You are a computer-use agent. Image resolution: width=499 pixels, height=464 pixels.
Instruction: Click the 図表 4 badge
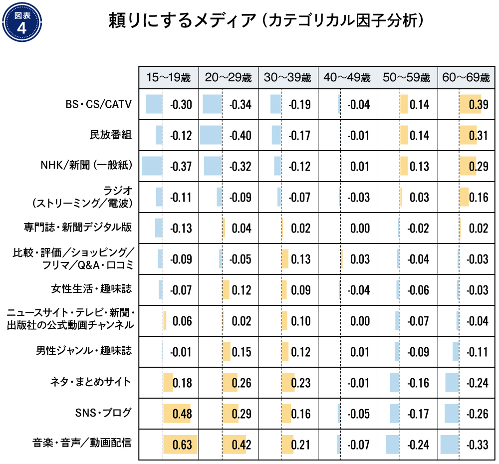(x=21, y=22)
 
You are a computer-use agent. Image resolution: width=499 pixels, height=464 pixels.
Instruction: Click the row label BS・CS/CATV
(x=99, y=105)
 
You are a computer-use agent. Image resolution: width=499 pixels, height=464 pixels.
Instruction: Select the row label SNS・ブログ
(x=103, y=413)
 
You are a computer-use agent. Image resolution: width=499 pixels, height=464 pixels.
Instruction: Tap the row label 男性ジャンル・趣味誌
(x=84, y=351)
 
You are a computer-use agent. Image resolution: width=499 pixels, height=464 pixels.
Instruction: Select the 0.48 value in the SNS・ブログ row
(x=181, y=414)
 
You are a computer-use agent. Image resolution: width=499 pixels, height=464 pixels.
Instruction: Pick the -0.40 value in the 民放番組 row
(x=240, y=136)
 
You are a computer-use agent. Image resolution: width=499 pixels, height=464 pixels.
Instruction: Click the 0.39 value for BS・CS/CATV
(x=478, y=105)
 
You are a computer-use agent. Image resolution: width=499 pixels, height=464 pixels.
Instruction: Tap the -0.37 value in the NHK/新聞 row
(x=181, y=166)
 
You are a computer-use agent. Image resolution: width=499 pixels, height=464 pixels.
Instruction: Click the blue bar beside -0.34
(x=212, y=104)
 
